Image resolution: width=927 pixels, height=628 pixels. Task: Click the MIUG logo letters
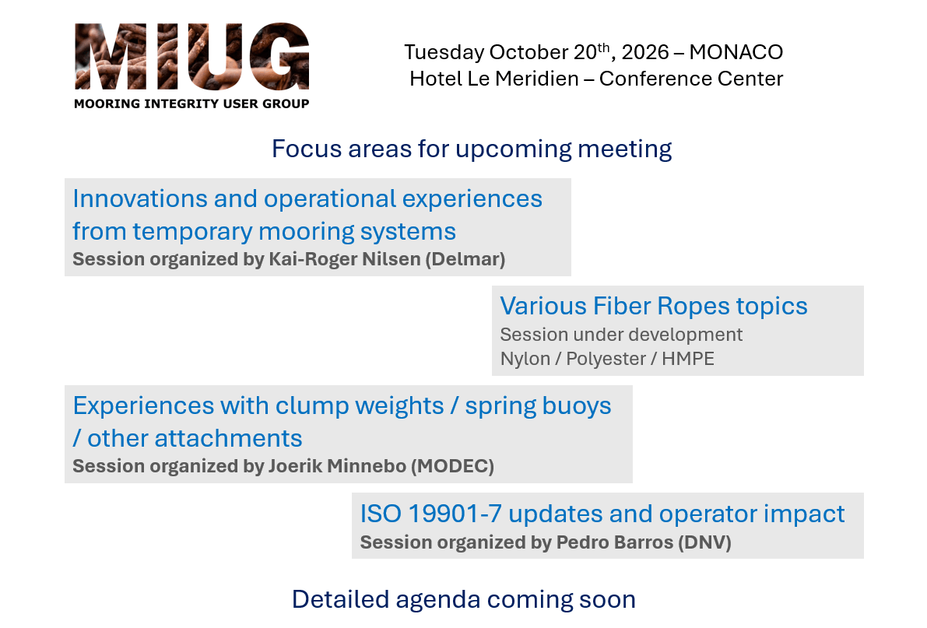192,56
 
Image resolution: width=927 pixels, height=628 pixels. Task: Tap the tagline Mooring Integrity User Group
191,103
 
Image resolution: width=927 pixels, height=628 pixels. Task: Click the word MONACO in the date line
736,52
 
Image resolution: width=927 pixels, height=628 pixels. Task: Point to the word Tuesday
444,53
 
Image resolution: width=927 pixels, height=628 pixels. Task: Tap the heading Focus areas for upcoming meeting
472,149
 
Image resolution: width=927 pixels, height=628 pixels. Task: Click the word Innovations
140,198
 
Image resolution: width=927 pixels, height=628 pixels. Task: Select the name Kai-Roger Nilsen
345,259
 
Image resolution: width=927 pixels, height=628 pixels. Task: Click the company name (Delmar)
465,259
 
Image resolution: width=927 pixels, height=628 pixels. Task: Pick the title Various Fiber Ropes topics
653,307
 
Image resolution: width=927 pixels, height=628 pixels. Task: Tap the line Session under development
621,335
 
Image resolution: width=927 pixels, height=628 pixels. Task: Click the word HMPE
688,359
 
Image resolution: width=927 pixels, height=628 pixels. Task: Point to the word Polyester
606,359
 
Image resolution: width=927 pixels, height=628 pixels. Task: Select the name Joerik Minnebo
338,466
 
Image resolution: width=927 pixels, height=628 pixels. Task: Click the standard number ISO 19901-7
431,514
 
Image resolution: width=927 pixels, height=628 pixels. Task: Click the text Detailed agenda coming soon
464,600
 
